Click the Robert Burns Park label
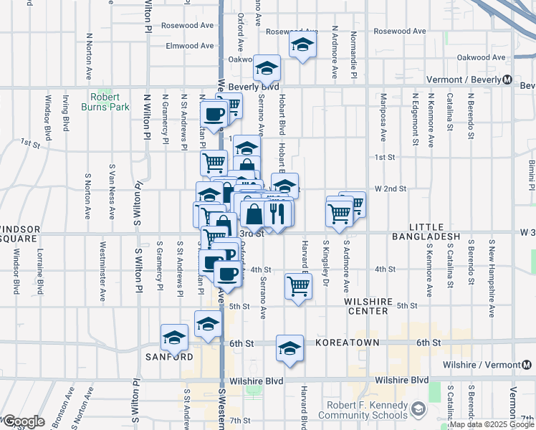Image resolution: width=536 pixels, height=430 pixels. coord(109,102)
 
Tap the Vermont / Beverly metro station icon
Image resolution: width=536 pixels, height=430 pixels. coord(507,80)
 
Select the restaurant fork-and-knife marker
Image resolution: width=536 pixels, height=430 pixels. coord(277,213)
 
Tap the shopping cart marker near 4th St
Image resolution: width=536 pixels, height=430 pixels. coord(298,285)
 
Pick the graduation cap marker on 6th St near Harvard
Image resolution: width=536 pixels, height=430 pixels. coord(289,348)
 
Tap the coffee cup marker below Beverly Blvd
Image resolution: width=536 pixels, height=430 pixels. coord(214,113)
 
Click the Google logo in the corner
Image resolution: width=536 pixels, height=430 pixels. coord(24,421)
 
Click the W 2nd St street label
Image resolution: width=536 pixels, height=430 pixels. coord(390,188)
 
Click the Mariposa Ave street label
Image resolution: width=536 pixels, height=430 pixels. coord(383,125)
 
